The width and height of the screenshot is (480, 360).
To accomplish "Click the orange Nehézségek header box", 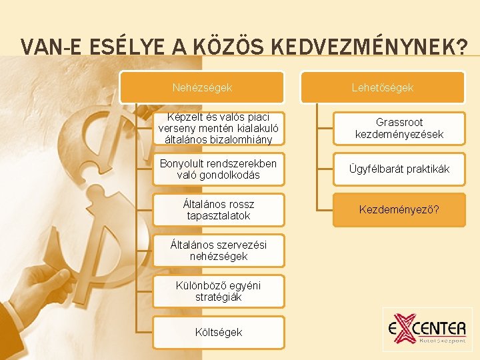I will coord(202,87).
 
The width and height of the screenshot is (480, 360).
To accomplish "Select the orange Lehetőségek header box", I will coord(383,87).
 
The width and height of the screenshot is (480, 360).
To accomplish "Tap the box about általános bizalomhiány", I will coord(218,129).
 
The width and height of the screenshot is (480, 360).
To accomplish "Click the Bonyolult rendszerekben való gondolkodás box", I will coord(218,169).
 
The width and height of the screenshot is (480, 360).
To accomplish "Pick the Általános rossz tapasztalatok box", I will coord(218,210).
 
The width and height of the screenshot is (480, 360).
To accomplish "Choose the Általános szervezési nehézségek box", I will coord(218,251).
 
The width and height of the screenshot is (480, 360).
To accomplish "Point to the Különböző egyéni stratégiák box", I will coord(218,291).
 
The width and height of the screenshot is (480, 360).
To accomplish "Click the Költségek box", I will coord(218,332).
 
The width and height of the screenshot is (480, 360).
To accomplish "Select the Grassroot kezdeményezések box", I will coord(399,129).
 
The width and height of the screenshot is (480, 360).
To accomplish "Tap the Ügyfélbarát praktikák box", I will coord(399,169).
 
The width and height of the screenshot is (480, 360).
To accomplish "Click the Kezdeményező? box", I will coord(399,210).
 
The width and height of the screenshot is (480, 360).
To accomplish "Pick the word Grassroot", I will coord(399,123).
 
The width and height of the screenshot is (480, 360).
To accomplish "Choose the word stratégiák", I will coord(218,297).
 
